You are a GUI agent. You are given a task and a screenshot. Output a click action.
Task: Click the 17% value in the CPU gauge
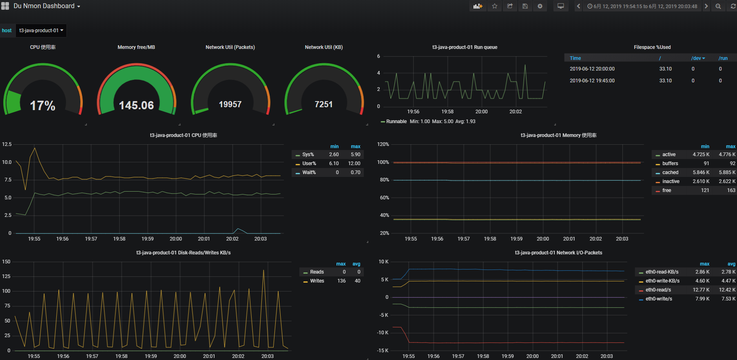click(x=42, y=106)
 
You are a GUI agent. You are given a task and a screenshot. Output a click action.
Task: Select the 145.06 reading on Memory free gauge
click(x=136, y=106)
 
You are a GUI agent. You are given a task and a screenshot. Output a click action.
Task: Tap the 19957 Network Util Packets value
click(x=230, y=104)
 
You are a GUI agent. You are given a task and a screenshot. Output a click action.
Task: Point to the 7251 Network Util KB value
click(x=323, y=104)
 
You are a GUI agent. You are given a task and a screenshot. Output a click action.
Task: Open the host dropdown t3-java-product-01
click(x=41, y=31)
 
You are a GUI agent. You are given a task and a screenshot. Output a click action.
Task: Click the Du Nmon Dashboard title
click(x=44, y=6)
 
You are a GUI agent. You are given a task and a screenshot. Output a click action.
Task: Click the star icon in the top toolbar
click(x=494, y=6)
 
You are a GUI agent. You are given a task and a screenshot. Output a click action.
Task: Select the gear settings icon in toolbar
click(x=540, y=6)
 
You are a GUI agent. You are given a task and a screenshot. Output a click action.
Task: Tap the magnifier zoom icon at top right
click(x=718, y=6)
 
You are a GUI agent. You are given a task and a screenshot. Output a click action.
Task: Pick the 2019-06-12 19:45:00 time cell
click(x=592, y=81)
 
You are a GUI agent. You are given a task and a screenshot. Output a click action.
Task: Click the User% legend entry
click(x=309, y=163)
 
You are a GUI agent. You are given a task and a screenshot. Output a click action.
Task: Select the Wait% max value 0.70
click(x=355, y=172)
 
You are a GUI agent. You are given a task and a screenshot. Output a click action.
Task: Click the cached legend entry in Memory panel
click(x=670, y=172)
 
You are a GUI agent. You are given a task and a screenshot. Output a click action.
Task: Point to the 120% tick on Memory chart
click(x=383, y=144)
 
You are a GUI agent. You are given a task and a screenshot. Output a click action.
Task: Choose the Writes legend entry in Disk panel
click(x=317, y=281)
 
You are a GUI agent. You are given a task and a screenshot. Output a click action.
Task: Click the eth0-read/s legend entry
click(x=658, y=290)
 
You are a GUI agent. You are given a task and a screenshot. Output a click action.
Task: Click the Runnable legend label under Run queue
click(x=396, y=121)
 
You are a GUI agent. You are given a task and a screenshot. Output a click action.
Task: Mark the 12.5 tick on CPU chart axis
click(x=7, y=144)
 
